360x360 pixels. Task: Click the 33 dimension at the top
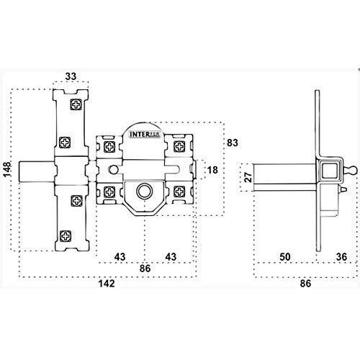tap(71, 76)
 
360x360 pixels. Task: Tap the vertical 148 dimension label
tap(7, 169)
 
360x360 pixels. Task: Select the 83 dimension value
tap(233, 143)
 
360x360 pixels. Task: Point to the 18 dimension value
tap(212, 170)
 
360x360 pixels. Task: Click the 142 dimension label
tap(107, 284)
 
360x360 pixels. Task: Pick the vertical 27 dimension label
tap(249, 177)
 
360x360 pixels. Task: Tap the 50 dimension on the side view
tap(285, 257)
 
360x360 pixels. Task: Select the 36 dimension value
tap(341, 257)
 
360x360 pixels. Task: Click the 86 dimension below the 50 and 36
tap(305, 284)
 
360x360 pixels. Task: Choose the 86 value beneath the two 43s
tap(145, 269)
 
